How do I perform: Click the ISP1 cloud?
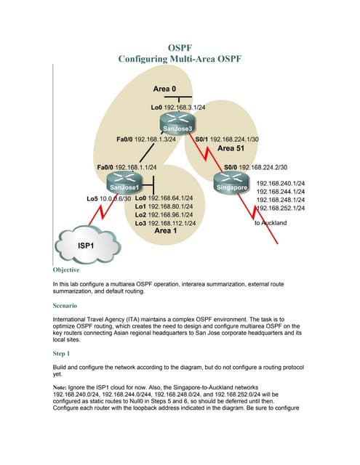pos(85,245)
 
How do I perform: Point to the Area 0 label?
pos(165,89)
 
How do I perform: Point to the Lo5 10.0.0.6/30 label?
pos(108,198)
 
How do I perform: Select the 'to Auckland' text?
pos(271,224)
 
